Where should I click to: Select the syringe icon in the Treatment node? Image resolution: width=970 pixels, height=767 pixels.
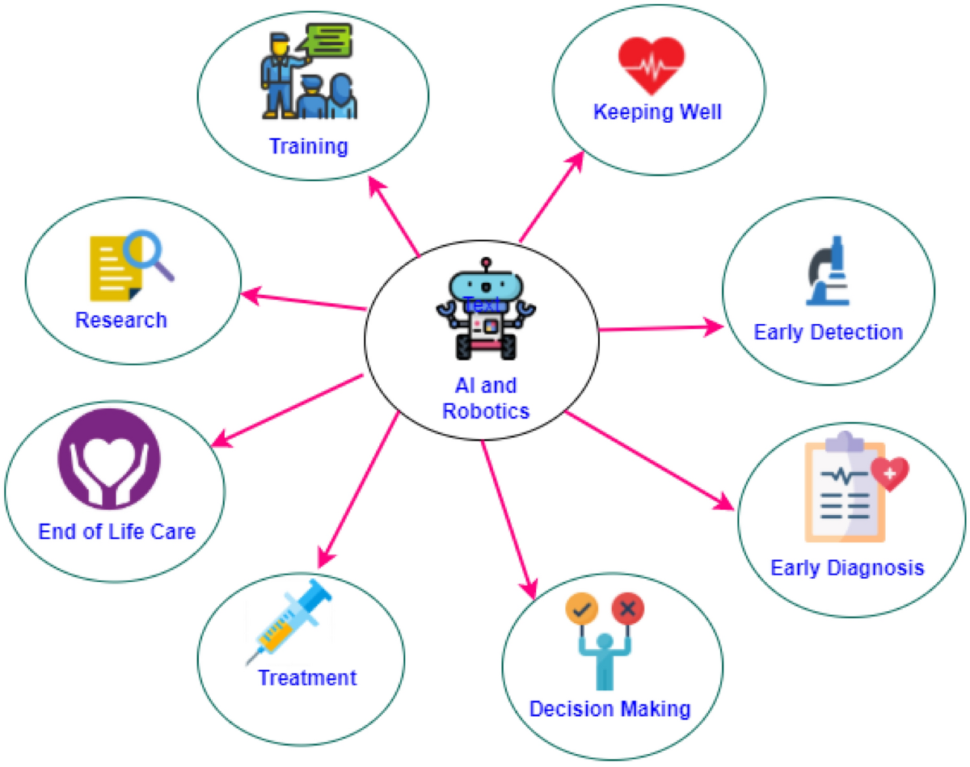click(x=289, y=619)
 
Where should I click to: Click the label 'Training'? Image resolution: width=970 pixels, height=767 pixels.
click(x=308, y=146)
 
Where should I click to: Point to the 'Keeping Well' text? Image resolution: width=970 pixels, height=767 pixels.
click(x=657, y=111)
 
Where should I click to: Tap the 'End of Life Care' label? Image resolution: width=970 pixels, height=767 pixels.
click(x=117, y=532)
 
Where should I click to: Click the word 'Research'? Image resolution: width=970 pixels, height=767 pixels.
click(x=121, y=320)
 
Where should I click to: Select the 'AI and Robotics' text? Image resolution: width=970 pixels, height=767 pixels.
click(x=486, y=398)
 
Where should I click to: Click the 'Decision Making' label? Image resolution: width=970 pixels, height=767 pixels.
click(x=609, y=709)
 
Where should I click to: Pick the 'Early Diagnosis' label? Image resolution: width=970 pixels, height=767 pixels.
click(x=846, y=567)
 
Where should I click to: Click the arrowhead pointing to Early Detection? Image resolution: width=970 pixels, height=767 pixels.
click(x=715, y=327)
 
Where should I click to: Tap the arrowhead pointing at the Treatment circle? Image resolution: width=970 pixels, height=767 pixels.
click(x=324, y=558)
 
